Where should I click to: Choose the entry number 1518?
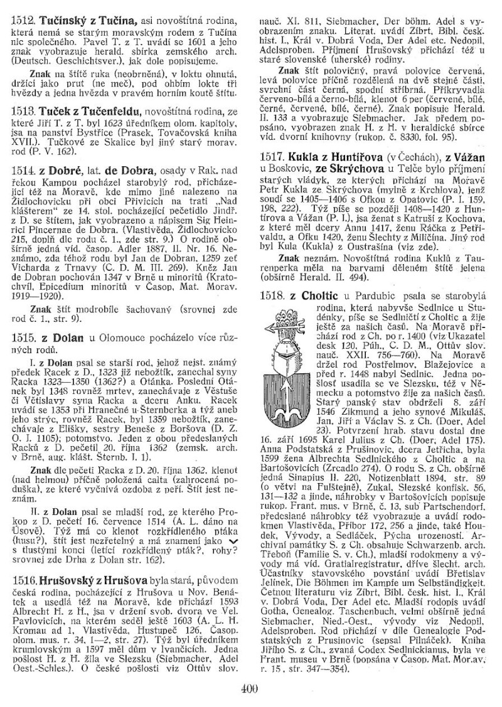(274, 294)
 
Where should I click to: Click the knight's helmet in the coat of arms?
(288, 342)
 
